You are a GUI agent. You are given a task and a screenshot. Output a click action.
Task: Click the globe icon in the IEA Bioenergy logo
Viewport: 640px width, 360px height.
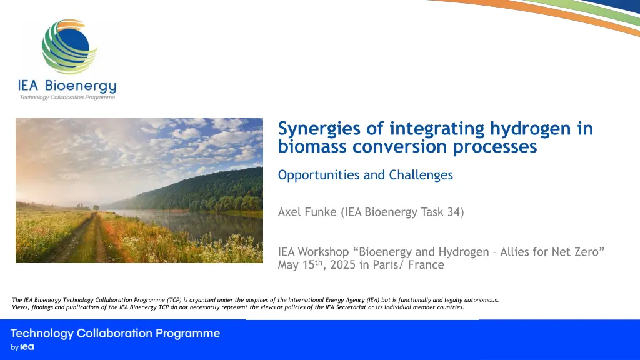[69, 46]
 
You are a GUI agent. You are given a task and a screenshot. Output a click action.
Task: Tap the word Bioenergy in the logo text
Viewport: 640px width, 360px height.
[81, 86]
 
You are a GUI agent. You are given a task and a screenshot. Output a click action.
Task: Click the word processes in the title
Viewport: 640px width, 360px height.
[495, 147]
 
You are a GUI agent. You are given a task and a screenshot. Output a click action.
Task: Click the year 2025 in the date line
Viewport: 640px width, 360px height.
[343, 265]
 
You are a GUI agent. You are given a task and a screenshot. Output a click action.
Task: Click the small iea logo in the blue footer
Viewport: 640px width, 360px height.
[27, 347]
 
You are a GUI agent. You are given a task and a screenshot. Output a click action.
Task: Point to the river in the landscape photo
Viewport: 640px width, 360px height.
[196, 225]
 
